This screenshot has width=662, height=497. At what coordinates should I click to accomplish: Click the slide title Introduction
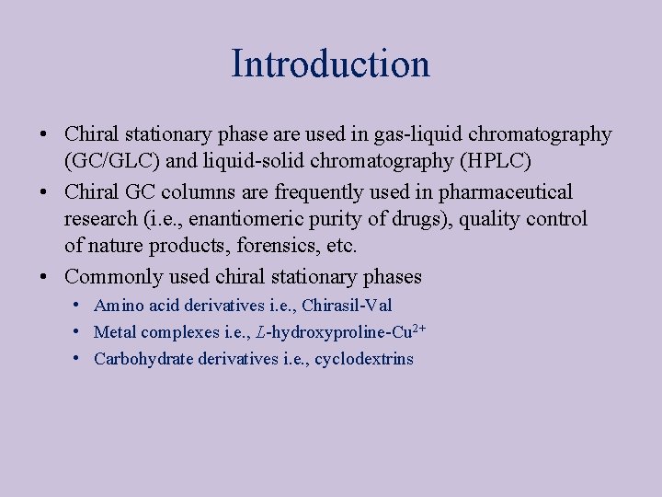pos(330,64)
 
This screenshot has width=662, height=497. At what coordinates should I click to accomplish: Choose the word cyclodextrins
pos(364,359)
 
